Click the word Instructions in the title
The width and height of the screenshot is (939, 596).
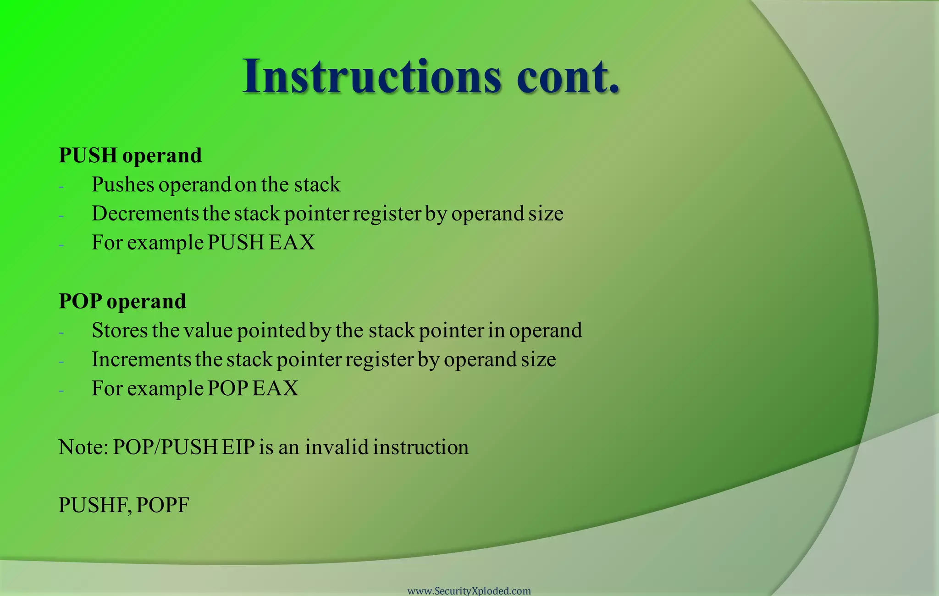pyautogui.click(x=371, y=76)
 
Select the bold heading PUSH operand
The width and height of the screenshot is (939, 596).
pyautogui.click(x=130, y=155)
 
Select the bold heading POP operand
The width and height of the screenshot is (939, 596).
pyautogui.click(x=122, y=301)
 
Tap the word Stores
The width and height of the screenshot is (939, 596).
pyautogui.click(x=120, y=331)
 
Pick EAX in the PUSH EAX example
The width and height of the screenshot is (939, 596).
pyautogui.click(x=292, y=243)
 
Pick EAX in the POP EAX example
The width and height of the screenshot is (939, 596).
pyautogui.click(x=275, y=388)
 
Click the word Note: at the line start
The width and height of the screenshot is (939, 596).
pyautogui.click(x=83, y=447)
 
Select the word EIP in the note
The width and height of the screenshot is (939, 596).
pyautogui.click(x=238, y=447)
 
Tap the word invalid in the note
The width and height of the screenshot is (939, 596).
pyautogui.click(x=337, y=447)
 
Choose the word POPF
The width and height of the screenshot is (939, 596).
pyautogui.click(x=163, y=505)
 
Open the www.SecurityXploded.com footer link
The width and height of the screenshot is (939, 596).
pyautogui.click(x=469, y=591)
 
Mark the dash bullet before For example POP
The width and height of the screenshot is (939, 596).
pyautogui.click(x=61, y=391)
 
